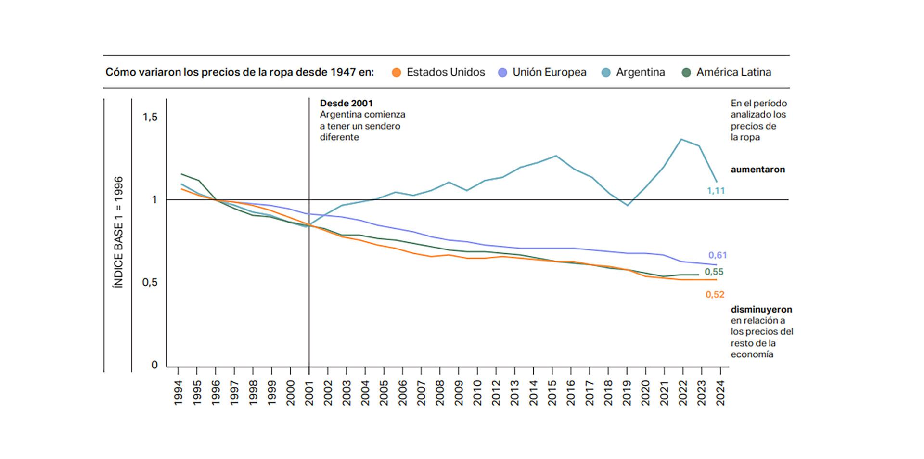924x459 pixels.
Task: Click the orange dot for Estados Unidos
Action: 397,73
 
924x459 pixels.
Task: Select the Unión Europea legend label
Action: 549,72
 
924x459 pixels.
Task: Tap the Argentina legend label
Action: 640,72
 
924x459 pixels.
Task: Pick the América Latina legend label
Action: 733,72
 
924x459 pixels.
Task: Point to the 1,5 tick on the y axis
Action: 150,117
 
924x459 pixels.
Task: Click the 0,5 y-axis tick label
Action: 150,282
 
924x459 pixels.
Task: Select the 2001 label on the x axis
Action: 309,393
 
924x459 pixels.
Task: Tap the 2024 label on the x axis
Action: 720,393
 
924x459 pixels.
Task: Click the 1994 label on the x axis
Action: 179,393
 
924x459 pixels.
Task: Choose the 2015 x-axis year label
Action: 552,393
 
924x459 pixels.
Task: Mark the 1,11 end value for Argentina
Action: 716,191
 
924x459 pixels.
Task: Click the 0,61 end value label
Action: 717,255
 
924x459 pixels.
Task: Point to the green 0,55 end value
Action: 714,272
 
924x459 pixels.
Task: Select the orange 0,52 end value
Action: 715,295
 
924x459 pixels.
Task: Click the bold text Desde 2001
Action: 346,103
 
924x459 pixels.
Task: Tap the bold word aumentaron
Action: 757,170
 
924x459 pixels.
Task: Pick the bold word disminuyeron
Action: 761,310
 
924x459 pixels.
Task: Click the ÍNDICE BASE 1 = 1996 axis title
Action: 118,232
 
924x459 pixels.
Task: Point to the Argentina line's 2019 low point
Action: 627,205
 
